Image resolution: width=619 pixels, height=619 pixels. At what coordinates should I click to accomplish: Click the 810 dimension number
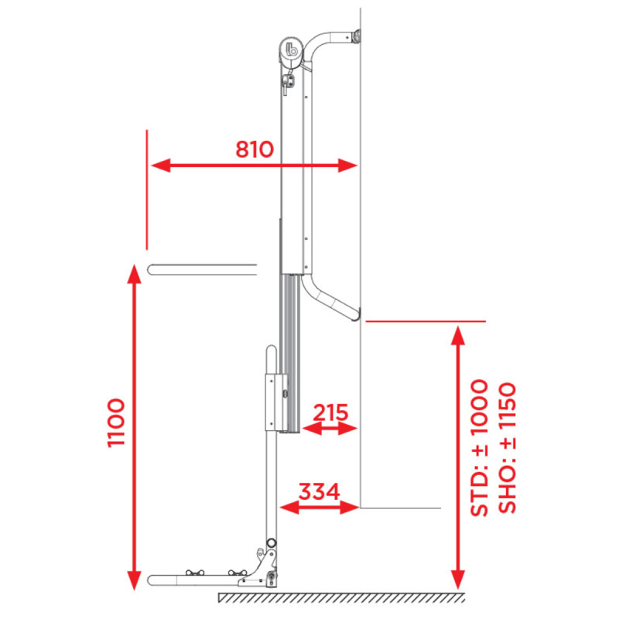pyautogui.click(x=255, y=149)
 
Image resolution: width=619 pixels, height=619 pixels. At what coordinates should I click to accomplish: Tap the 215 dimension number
pyautogui.click(x=330, y=412)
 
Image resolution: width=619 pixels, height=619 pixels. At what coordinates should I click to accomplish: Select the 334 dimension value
pyautogui.click(x=319, y=491)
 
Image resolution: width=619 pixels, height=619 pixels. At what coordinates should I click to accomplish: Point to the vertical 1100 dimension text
pyautogui.click(x=116, y=422)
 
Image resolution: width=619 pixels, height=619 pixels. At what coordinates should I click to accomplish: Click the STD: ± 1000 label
pyautogui.click(x=479, y=448)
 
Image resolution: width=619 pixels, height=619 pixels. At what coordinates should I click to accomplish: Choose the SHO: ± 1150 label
pyautogui.click(x=507, y=448)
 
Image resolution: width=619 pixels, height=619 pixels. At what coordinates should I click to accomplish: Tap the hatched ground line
pyautogui.click(x=341, y=597)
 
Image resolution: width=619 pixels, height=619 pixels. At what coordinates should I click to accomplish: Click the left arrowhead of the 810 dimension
pyautogui.click(x=160, y=166)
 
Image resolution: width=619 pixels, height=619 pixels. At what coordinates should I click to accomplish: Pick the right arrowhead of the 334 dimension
pyautogui.click(x=350, y=508)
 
